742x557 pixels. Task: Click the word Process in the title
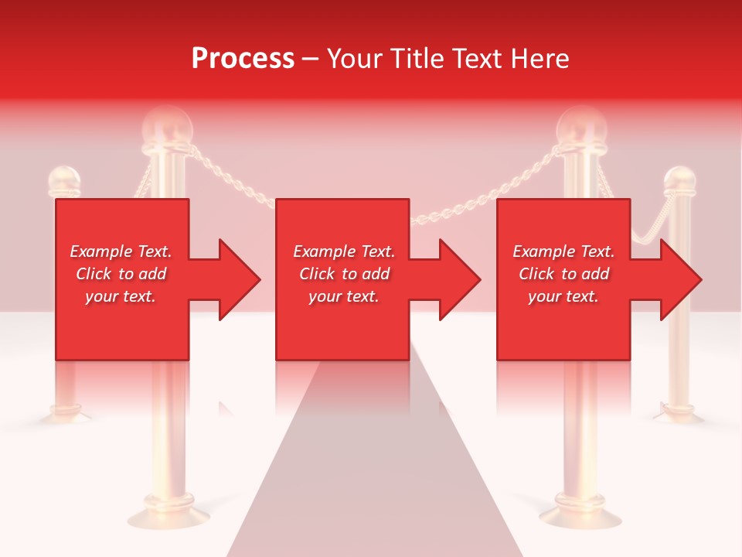243,59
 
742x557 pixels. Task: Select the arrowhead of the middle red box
459,279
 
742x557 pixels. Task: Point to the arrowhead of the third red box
680,279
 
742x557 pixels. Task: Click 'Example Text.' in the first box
121,251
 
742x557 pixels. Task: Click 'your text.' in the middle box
343,296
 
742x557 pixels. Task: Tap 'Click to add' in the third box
563,274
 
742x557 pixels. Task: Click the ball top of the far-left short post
64,181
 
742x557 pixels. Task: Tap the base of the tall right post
580,514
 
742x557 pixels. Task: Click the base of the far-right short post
679,413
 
